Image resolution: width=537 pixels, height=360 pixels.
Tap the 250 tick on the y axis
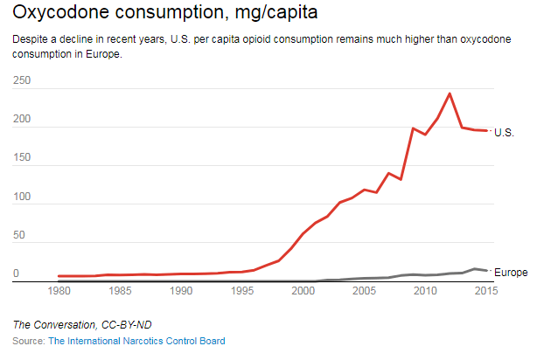pyautogui.click(x=23, y=80)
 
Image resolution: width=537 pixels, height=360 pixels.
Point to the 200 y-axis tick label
pyautogui.click(x=23, y=120)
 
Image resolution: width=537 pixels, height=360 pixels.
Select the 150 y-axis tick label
pyautogui.click(x=23, y=158)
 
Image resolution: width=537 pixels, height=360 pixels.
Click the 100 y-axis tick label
pyautogui.click(x=23, y=197)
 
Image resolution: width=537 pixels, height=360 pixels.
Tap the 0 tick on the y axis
pyautogui.click(x=17, y=274)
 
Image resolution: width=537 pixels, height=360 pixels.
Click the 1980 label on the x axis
pyautogui.click(x=59, y=291)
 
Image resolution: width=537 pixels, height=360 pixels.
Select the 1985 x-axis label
pyautogui.click(x=120, y=291)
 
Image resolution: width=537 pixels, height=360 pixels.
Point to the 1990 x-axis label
pyautogui.click(x=181, y=291)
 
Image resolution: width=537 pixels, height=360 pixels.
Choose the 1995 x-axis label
pyautogui.click(x=241, y=291)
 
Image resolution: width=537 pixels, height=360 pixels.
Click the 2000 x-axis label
pyautogui.click(x=303, y=291)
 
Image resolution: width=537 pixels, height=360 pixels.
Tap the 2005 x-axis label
pyautogui.click(x=364, y=291)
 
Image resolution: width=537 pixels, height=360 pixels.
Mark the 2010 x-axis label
pyautogui.click(x=425, y=291)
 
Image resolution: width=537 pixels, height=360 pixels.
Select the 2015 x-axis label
pyautogui.click(x=485, y=291)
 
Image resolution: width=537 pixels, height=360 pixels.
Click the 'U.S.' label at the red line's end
pyautogui.click(x=505, y=132)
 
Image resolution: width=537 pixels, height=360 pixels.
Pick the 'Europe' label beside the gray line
pyautogui.click(x=511, y=272)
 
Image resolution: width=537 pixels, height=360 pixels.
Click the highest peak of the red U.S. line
pyautogui.click(x=450, y=93)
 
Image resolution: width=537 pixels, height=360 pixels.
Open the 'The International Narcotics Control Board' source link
pyautogui.click(x=136, y=341)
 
